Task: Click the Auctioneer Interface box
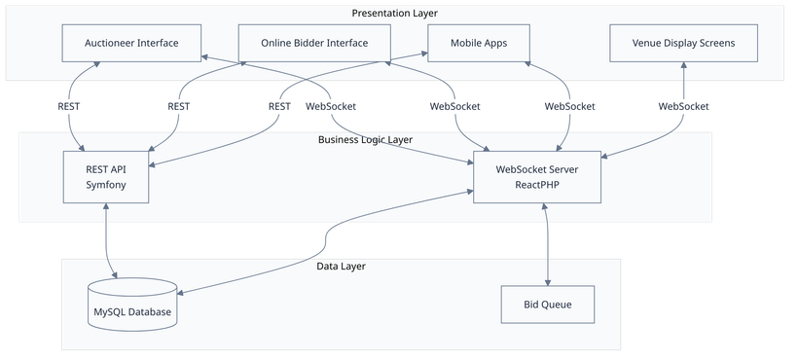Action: point(131,43)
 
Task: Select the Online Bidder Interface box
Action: point(314,43)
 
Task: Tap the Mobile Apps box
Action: point(479,43)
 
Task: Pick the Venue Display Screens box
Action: point(683,43)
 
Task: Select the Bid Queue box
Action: point(549,305)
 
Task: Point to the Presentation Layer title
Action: point(394,13)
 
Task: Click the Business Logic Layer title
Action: point(365,139)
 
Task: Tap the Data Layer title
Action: point(341,266)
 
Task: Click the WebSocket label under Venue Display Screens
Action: point(683,105)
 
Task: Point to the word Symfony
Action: point(106,185)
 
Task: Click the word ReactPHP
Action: point(538,185)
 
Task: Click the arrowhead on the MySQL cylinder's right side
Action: point(183,292)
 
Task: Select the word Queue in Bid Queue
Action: point(559,305)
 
